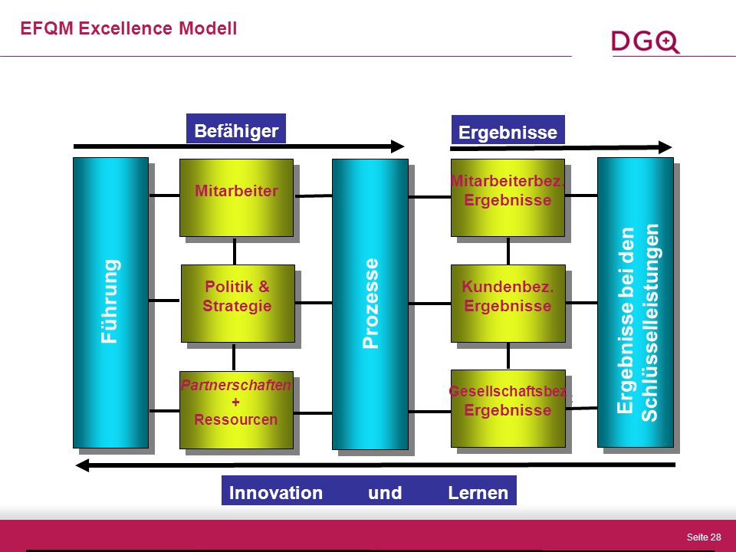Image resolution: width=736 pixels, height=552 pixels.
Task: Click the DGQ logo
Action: click(646, 41)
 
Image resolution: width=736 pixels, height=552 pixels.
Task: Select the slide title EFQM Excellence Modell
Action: click(129, 28)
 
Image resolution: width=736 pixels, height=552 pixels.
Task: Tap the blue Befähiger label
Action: click(236, 128)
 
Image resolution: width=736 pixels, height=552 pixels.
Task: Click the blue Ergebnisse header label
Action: click(508, 130)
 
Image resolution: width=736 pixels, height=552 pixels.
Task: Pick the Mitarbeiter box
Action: click(237, 198)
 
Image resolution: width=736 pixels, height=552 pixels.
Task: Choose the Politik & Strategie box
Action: click(238, 304)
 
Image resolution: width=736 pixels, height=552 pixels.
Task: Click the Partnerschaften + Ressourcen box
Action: click(237, 409)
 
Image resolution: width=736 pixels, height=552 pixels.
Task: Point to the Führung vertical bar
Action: click(110, 303)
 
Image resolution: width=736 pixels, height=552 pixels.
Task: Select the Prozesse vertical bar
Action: click(370, 304)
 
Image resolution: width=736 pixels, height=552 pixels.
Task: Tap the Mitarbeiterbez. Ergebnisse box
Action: click(508, 198)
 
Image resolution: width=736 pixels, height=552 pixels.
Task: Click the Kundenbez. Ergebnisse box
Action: click(508, 304)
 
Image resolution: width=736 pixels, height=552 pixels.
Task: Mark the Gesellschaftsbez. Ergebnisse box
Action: click(508, 409)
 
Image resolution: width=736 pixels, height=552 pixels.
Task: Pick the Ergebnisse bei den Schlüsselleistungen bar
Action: click(636, 302)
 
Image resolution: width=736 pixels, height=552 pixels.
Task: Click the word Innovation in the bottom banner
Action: click(276, 493)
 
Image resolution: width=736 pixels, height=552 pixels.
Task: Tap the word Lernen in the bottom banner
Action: click(478, 493)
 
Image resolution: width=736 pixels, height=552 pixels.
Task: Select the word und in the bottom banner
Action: click(385, 493)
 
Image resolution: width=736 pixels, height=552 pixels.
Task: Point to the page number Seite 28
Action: click(704, 537)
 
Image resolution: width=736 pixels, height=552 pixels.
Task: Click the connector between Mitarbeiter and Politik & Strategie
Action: click(235, 251)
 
